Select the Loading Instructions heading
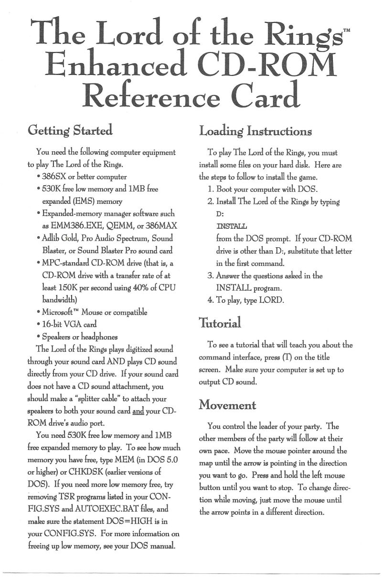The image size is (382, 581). tap(255, 130)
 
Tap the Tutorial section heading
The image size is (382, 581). tap(220, 323)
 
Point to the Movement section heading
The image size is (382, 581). tap(228, 405)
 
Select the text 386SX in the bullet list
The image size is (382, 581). tap(54, 177)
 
